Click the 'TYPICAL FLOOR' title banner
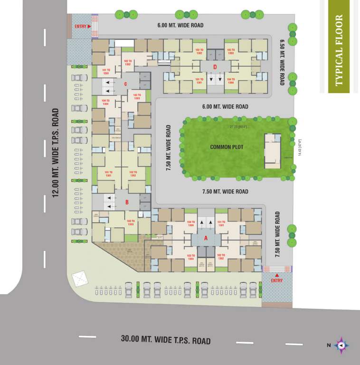(x=339, y=50)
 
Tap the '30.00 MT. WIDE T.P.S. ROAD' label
(x=165, y=340)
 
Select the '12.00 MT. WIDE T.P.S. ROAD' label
(x=56, y=153)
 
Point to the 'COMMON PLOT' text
(x=227, y=147)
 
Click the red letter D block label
(x=215, y=67)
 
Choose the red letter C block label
(x=125, y=85)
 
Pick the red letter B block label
(x=127, y=202)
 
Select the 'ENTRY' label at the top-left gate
(x=81, y=26)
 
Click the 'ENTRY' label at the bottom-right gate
(x=276, y=280)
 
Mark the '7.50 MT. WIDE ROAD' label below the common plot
(x=225, y=192)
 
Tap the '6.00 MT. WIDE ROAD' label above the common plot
(x=225, y=107)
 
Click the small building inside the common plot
(x=272, y=151)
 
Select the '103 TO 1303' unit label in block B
(x=131, y=221)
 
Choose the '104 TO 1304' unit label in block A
(x=191, y=223)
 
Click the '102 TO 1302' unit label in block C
(x=127, y=62)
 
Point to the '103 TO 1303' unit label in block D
(x=231, y=51)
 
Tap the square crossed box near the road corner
(x=77, y=278)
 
